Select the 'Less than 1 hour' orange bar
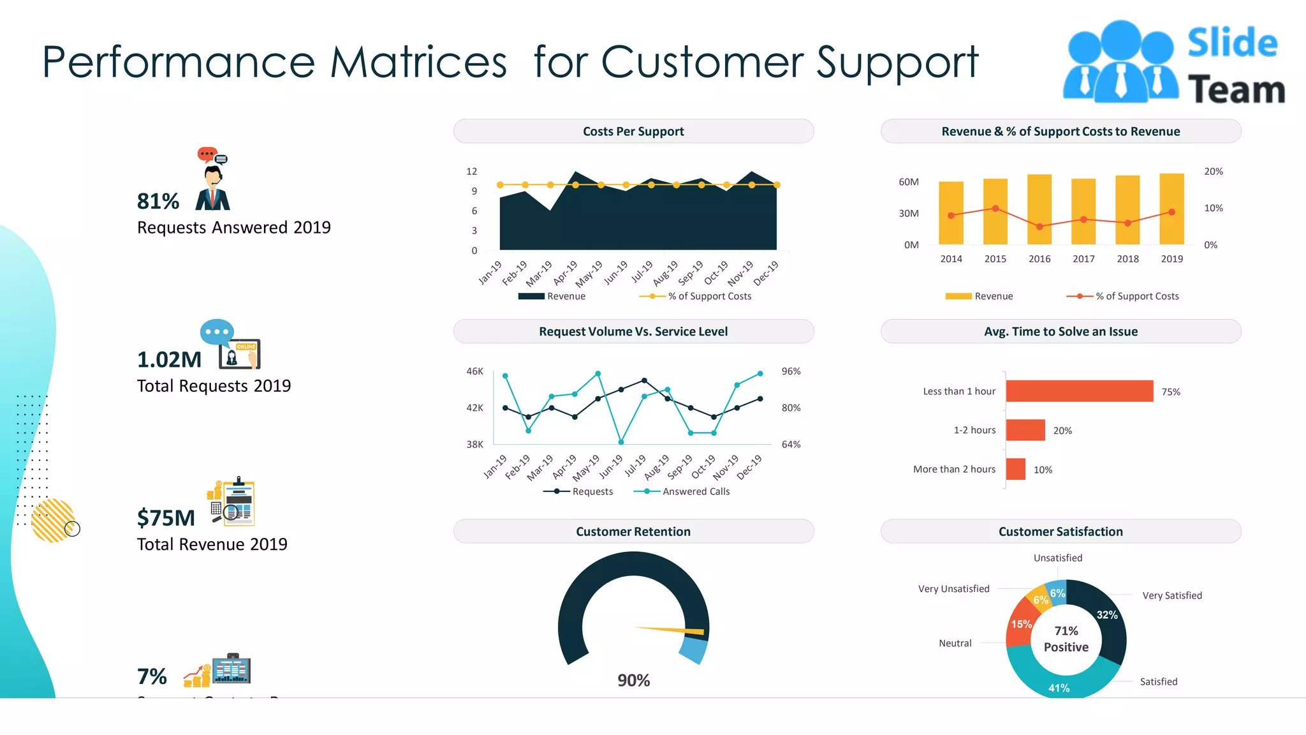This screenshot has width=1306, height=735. pyautogui.click(x=1079, y=391)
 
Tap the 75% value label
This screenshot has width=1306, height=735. pyautogui.click(x=1170, y=392)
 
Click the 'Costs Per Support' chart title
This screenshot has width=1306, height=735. pyautogui.click(x=633, y=131)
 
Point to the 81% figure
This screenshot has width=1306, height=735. pyautogui.click(x=158, y=202)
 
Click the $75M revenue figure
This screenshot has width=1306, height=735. pyautogui.click(x=166, y=518)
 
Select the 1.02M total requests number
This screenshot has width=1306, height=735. pyautogui.click(x=169, y=360)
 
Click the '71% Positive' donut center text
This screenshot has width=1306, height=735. pyautogui.click(x=1066, y=639)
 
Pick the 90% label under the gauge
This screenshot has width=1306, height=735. pyautogui.click(x=633, y=680)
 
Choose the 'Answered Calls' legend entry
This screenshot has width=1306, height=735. pyautogui.click(x=695, y=491)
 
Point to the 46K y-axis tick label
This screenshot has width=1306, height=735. pyautogui.click(x=474, y=371)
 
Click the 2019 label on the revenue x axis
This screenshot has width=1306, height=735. pyautogui.click(x=1171, y=259)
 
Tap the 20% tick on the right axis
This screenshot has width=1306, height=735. pyautogui.click(x=1213, y=172)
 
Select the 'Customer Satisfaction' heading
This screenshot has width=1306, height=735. pyautogui.click(x=1060, y=531)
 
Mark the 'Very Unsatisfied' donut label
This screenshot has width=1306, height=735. pyautogui.click(x=953, y=589)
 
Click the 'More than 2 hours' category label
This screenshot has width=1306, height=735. pyautogui.click(x=954, y=470)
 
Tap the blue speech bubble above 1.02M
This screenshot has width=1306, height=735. pyautogui.click(x=217, y=332)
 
